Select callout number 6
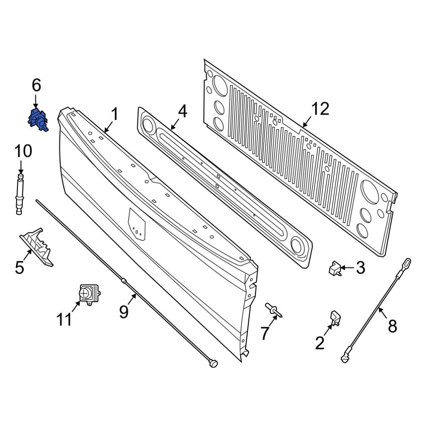pos(36,86)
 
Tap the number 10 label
pos(23,151)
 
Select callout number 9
pos(124,312)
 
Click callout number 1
pos(114,114)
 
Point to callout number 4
pos(182,111)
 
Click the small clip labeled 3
pos(335,269)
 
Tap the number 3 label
pos(360,268)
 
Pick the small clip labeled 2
pos(335,318)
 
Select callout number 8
pos(392,326)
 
